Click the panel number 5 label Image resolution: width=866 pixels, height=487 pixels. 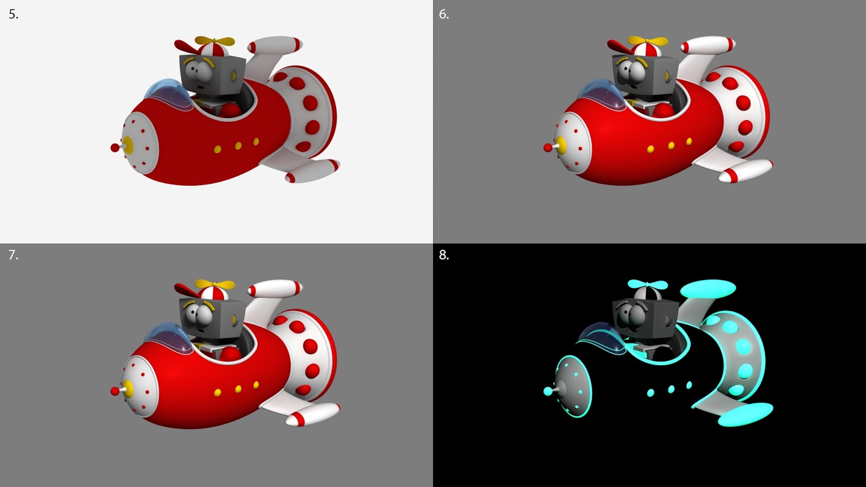coord(13,14)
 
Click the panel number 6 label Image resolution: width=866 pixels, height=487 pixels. coord(444,14)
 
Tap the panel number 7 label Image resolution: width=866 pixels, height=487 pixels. coord(13,255)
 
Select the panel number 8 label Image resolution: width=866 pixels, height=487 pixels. coord(444,255)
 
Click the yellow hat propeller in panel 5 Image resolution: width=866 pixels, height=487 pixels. coord(214,41)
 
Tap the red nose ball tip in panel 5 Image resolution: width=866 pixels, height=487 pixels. coord(115,148)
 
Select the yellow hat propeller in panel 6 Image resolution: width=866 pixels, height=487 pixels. coord(647,41)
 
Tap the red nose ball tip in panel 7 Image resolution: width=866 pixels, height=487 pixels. coord(115,391)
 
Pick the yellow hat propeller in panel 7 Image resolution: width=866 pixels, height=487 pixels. coord(214,285)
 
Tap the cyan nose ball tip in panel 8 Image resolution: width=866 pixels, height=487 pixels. coord(548,391)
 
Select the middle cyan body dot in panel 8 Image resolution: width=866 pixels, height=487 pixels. coord(671,389)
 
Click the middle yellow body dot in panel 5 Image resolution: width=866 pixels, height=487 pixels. coord(238,146)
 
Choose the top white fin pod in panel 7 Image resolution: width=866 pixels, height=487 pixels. coord(275,288)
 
